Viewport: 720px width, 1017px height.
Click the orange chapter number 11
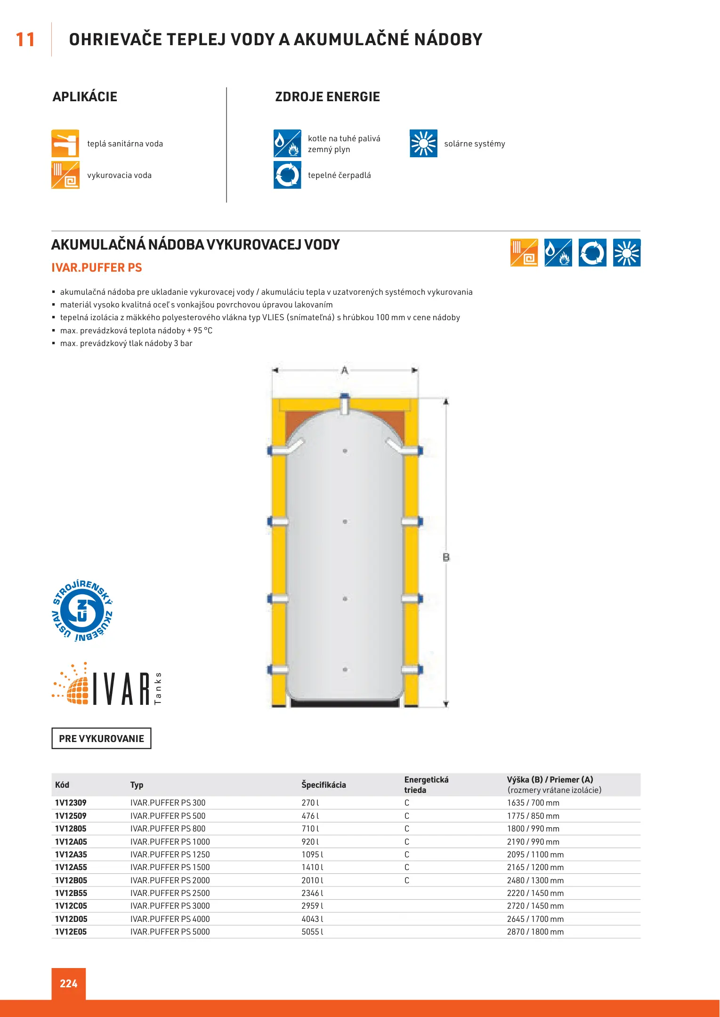coord(25,40)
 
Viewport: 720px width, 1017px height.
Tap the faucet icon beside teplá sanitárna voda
coord(65,144)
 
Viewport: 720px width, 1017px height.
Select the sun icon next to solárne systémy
coord(423,144)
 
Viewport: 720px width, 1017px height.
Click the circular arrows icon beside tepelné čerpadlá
coord(287,175)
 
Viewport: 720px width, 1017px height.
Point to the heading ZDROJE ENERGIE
coord(327,97)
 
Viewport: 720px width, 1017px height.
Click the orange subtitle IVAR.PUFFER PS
coord(97,268)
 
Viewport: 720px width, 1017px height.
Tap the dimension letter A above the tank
coord(345,371)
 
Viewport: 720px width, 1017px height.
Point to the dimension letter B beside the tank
coord(446,557)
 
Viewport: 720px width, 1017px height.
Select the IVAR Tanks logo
coord(107,685)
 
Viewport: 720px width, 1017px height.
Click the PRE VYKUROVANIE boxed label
coord(101,738)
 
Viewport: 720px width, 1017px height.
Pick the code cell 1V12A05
coord(71,842)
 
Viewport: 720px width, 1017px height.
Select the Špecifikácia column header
coord(324,785)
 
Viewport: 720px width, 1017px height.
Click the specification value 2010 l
coord(312,880)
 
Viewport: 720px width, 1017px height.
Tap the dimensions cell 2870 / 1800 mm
coord(535,932)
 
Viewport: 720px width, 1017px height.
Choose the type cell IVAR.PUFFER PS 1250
coord(170,855)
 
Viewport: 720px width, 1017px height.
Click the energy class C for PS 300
coord(407,803)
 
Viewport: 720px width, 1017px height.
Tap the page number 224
coord(69,984)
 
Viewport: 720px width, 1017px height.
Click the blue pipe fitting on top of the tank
coord(345,397)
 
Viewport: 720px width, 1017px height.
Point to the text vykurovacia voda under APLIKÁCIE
coord(119,176)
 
